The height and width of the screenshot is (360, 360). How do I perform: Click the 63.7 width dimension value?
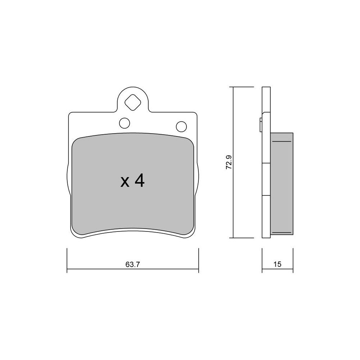[133, 265]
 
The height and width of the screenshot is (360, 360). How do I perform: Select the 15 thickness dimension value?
[277, 264]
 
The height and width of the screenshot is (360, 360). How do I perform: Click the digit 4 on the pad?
[140, 181]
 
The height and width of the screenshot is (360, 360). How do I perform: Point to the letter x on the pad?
[125, 183]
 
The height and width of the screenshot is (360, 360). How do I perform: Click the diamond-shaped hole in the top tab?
[132, 102]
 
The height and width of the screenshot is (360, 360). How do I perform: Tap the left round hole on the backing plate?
[125, 123]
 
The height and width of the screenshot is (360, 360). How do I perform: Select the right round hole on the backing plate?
[181, 126]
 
